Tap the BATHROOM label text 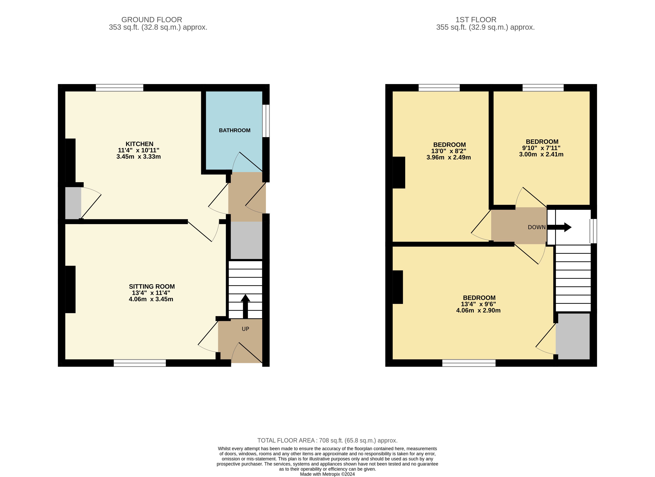pos(235,130)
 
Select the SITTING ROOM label pos(152,286)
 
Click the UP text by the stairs pos(245,329)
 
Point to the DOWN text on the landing pos(537,227)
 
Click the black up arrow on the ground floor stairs pos(245,306)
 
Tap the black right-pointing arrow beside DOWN pos(559,227)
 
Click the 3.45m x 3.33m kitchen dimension pos(138,156)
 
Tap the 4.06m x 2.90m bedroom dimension pos(478,310)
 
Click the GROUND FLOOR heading pos(152,20)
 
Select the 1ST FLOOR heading pos(476,20)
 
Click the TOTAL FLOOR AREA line pos(327,440)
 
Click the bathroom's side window pos(266,121)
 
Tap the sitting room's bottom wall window pos(140,363)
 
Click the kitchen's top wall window pos(120,88)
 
